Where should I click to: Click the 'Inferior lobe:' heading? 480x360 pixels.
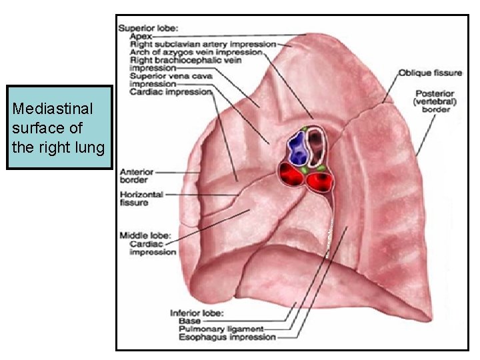coord(197,313)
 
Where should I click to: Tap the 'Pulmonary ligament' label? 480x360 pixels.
coord(221,329)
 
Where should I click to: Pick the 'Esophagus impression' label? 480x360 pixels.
coord(227,337)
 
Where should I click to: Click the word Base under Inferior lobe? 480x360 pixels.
coord(190,321)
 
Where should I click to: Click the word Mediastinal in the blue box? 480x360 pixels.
coord(53,108)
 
